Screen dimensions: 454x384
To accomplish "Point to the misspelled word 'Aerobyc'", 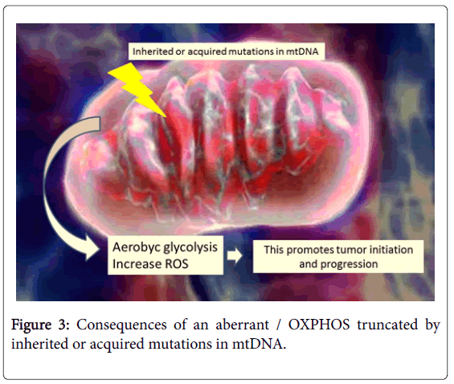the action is point(137,247).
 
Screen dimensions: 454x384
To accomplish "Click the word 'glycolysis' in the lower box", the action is point(190,247).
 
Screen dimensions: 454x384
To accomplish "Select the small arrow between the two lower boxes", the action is point(235,255).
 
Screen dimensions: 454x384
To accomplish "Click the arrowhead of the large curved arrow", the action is point(92,249).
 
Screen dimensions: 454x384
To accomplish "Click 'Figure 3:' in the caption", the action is point(40,325).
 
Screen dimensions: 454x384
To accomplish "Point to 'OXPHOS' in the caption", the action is point(319,325).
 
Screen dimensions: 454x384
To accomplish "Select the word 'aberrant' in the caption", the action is point(243,325).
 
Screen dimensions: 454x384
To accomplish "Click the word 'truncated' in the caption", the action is point(387,325).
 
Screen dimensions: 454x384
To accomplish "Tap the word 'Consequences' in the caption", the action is point(121,325).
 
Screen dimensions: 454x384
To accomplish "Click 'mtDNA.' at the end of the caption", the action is point(259,344).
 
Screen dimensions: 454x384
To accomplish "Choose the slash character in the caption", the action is point(279,325).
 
